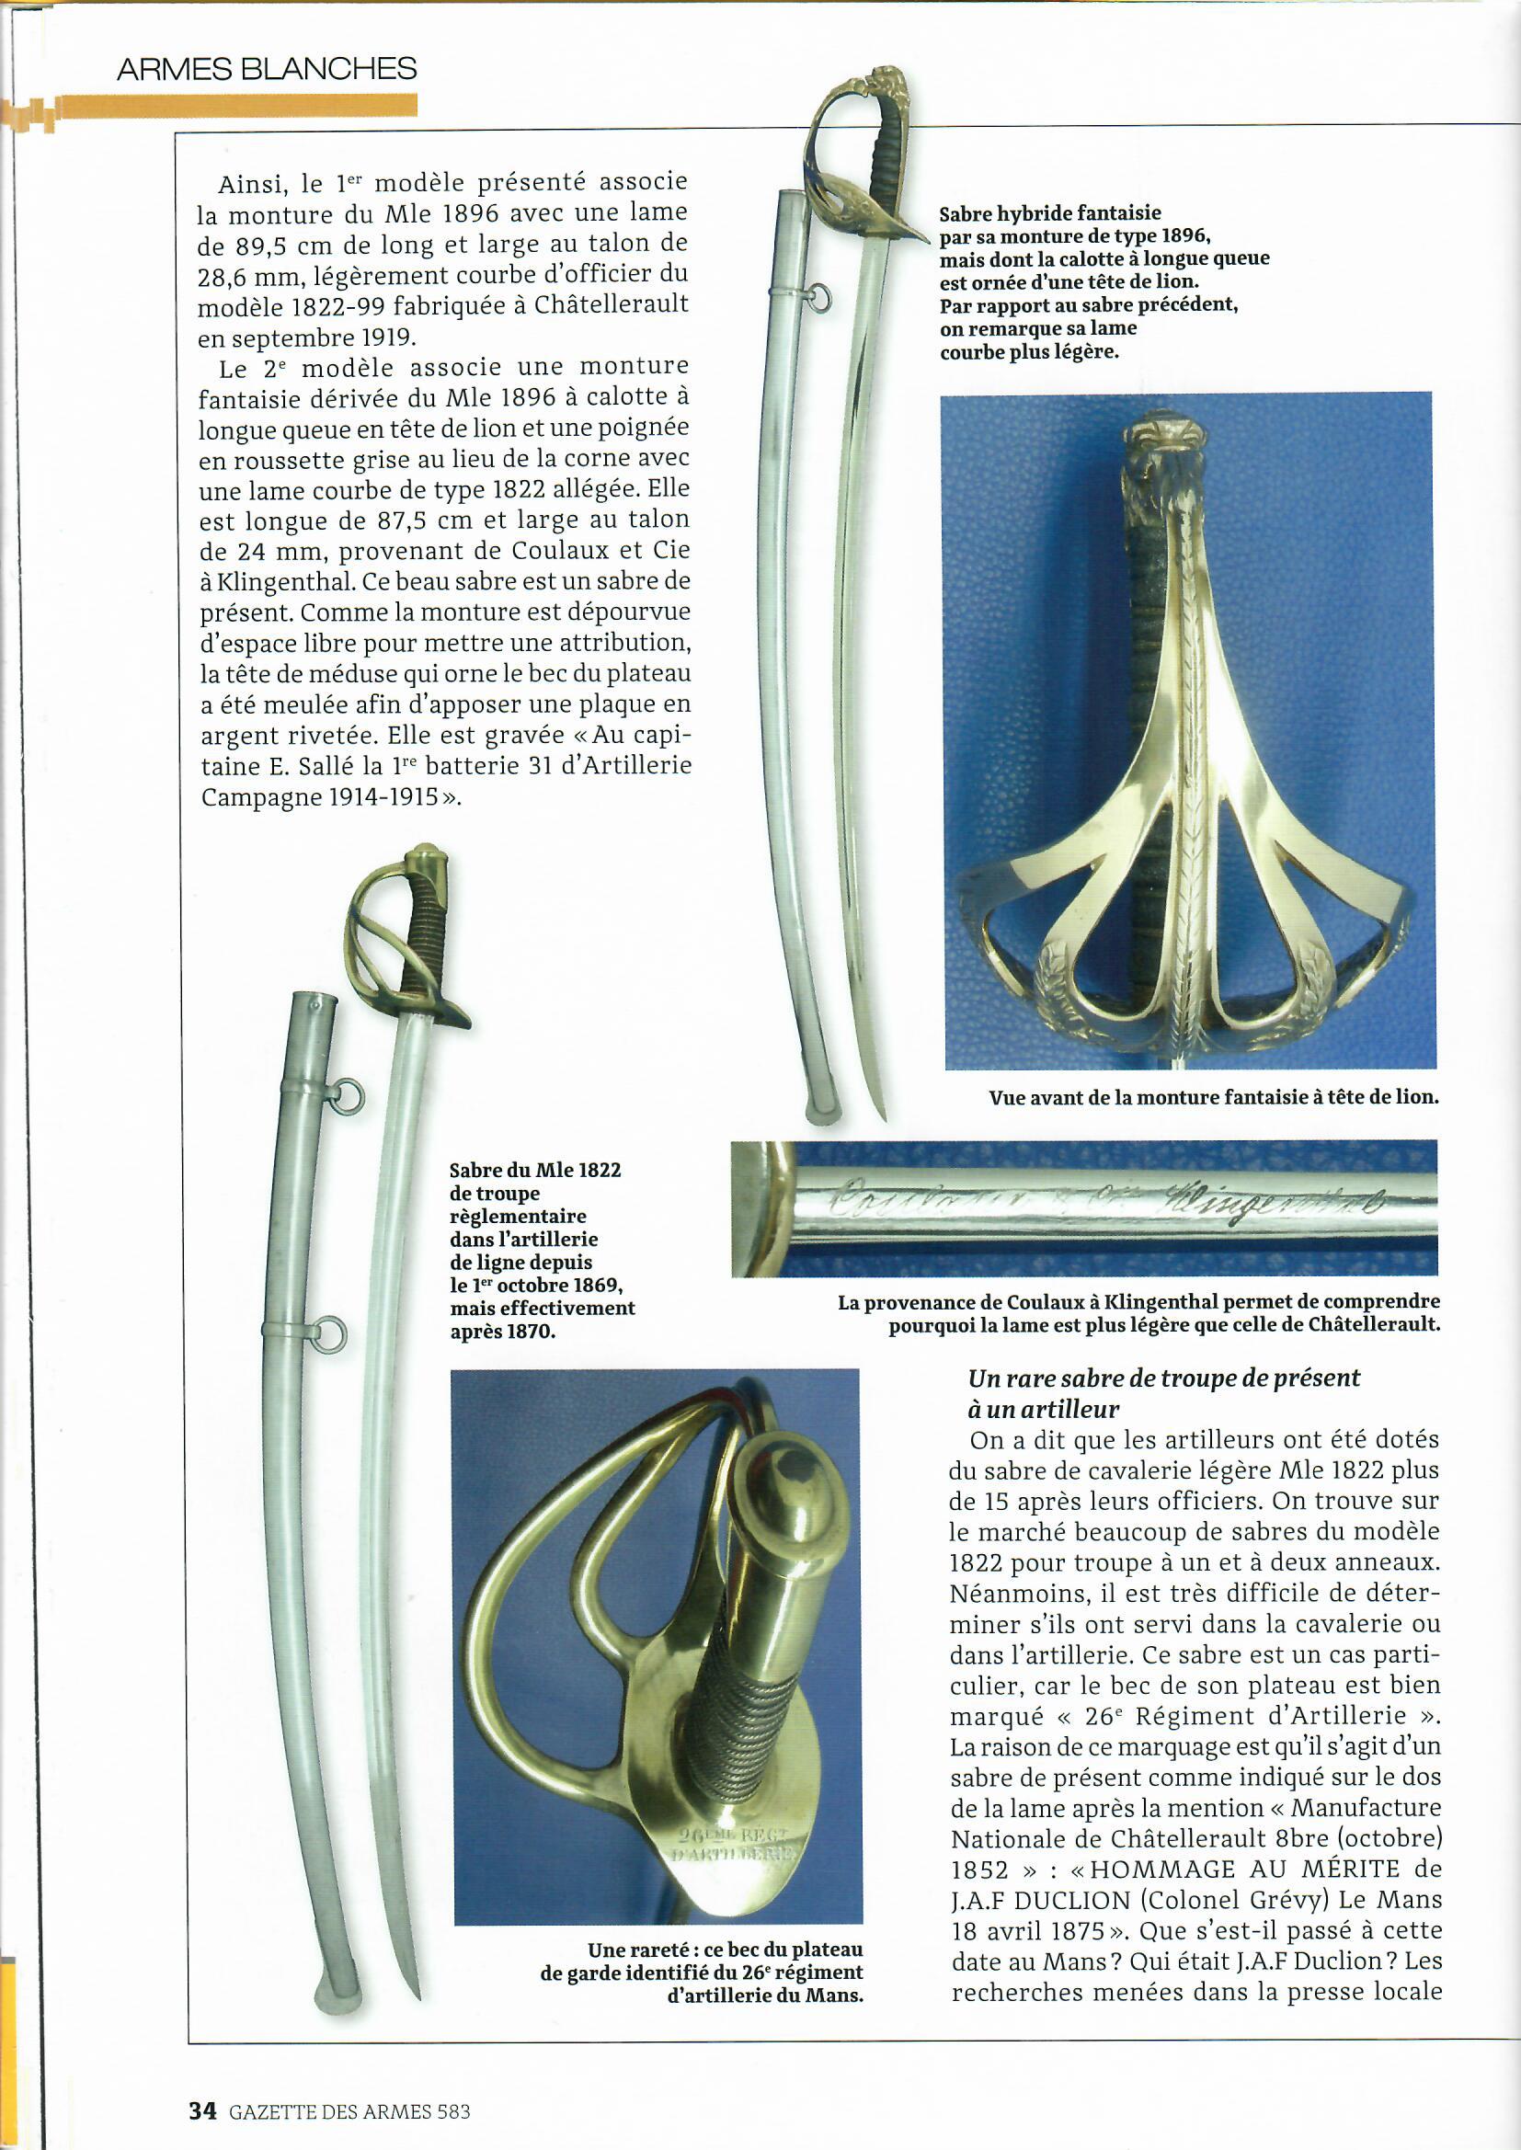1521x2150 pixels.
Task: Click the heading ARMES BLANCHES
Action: [266, 68]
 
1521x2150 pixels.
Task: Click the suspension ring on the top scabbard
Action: [821, 298]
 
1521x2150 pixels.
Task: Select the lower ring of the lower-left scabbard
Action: [327, 1334]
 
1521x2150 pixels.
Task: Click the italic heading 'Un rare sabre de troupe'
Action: [1163, 1378]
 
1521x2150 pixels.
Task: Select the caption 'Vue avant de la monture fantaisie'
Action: [1213, 1096]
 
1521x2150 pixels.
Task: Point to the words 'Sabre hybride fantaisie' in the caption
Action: [1050, 213]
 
